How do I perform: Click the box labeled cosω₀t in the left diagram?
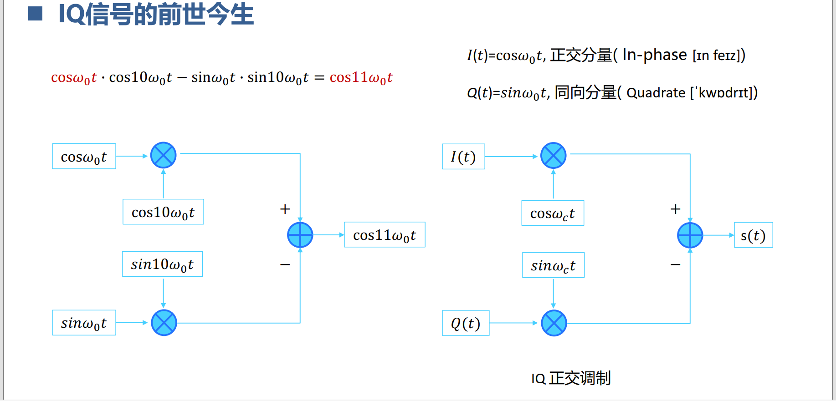pos(84,157)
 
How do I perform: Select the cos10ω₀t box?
pos(163,212)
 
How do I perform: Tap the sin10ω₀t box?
pos(162,264)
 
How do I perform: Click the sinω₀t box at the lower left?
pos(84,323)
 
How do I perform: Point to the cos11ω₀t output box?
pos(385,235)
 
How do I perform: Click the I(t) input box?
pos(463,157)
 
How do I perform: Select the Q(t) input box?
pos(466,323)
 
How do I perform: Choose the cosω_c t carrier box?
pos(553,213)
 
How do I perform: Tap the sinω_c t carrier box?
pos(553,265)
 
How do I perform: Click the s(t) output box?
pos(754,235)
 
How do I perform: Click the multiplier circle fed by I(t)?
pos(554,156)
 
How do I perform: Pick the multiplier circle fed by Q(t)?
pos(554,323)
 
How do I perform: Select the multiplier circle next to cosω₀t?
pos(164,155)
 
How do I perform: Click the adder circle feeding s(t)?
pos(690,235)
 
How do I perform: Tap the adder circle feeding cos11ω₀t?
pos(300,235)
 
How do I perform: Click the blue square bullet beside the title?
pos(36,14)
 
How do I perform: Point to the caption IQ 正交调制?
pos(570,378)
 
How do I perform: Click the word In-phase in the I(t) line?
pos(655,55)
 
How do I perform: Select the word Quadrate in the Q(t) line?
pos(656,93)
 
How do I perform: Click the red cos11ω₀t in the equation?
pos(361,78)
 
